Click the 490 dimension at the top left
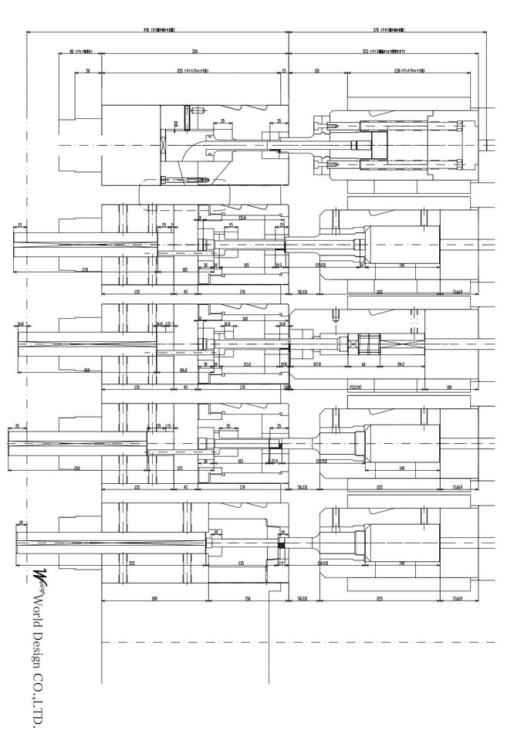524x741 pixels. [146, 30]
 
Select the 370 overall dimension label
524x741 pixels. [376, 30]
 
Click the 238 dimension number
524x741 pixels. [399, 69]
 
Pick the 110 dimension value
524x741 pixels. [317, 69]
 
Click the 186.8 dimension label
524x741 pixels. [183, 370]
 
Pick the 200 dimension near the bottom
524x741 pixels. [154, 598]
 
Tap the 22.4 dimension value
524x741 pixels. [274, 461]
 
